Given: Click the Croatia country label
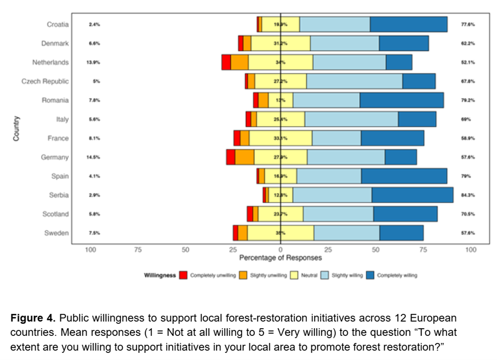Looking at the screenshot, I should coord(58,24).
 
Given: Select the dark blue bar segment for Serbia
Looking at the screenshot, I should coord(412,195).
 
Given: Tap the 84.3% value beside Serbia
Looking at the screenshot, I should coord(467,195).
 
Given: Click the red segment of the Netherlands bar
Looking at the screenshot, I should coord(226,62).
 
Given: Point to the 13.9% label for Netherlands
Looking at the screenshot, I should coord(93,62).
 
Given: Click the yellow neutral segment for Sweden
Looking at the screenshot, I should coord(280,233).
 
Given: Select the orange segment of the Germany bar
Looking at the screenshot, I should coord(244,157).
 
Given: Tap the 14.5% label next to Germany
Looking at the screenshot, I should coord(93,157).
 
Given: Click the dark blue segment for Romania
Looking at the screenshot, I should coord(402,100).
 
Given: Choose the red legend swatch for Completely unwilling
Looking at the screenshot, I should coord(184,275).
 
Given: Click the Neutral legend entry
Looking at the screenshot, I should coord(310,275).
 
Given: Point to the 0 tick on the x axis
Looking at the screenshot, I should coord(281,249).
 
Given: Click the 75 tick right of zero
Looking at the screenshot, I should coord(423,249).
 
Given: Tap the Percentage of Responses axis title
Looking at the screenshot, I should coord(280,258).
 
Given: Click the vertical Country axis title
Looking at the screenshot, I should coord(16,129).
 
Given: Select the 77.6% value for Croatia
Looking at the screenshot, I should coord(467,25).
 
